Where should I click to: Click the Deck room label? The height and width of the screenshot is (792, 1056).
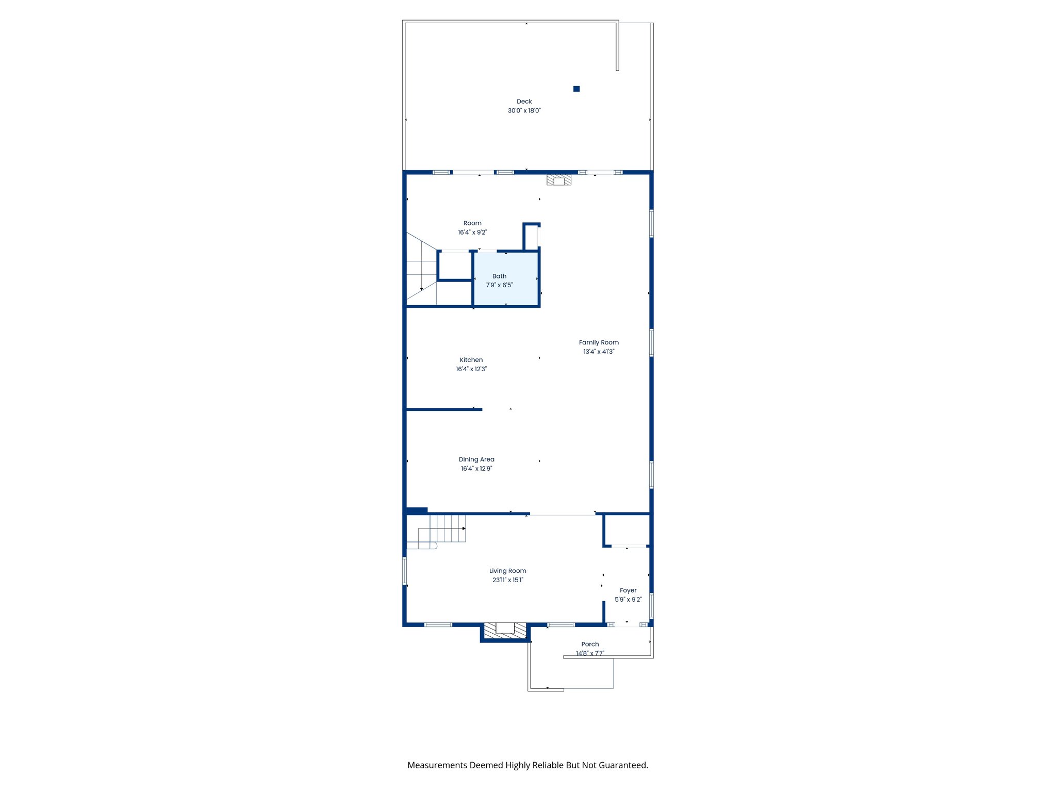pos(524,102)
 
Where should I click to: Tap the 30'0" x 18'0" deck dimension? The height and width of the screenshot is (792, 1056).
pos(524,111)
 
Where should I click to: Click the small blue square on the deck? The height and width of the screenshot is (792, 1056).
pos(576,89)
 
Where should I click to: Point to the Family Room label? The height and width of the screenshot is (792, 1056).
pos(599,342)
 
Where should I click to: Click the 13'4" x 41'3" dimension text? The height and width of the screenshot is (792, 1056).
pos(599,352)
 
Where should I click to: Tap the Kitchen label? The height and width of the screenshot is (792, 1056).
pos(471,360)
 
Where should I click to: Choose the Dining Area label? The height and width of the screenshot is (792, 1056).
pos(476,459)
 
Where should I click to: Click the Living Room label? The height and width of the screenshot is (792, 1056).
pos(507,571)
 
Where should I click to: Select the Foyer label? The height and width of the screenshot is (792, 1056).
pos(628,590)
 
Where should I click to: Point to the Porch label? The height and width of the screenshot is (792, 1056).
pos(590,644)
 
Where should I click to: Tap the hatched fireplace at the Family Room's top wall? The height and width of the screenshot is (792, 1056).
pos(559,179)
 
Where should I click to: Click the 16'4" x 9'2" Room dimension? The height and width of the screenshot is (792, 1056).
pos(472,233)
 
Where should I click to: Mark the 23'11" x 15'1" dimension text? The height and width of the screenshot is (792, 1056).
pos(507,580)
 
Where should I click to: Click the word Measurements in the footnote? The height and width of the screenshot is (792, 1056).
pos(437,765)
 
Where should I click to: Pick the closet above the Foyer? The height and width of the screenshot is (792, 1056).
pos(627,530)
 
